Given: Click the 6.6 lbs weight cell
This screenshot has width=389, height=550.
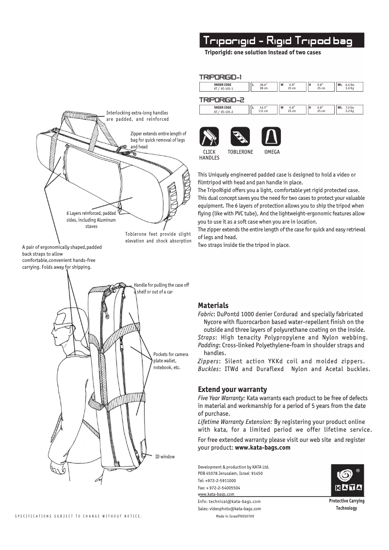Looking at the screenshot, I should [x=349, y=87].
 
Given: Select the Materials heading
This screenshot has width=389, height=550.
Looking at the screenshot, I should [x=213, y=306].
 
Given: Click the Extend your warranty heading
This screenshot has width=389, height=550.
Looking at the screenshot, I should [x=232, y=389].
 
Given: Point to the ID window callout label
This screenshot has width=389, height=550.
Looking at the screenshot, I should [x=164, y=456].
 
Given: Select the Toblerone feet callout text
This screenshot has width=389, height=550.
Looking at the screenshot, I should [x=158, y=237].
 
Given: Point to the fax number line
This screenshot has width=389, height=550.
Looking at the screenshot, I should [x=219, y=487].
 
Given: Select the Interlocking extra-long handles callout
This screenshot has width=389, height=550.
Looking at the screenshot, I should [x=137, y=116].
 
